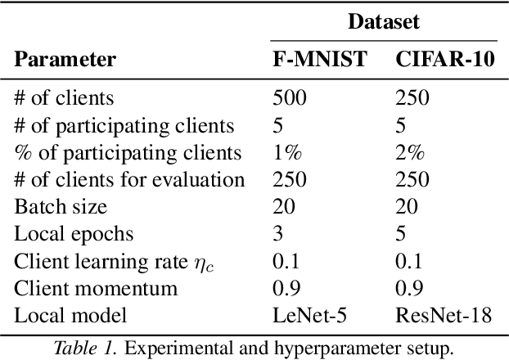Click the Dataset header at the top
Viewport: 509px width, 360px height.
tap(384, 22)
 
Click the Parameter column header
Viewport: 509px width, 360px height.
tap(65, 60)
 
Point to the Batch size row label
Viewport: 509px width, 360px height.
tap(61, 206)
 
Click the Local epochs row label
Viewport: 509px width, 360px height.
tap(74, 233)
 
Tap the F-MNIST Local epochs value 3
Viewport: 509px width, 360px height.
tap(277, 233)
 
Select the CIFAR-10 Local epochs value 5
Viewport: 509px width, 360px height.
tap(399, 233)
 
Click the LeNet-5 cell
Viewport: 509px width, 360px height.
tap(303, 314)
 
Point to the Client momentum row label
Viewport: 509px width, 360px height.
tap(96, 287)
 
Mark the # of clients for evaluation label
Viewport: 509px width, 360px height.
tap(128, 179)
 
